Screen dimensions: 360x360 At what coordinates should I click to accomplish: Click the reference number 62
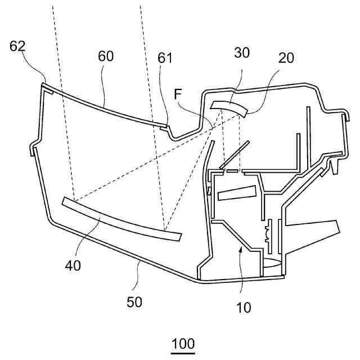18,47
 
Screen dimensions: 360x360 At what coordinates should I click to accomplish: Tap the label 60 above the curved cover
105,56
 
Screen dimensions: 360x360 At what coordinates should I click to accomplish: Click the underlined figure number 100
182,343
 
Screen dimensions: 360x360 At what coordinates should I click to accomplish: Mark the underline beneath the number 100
182,353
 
